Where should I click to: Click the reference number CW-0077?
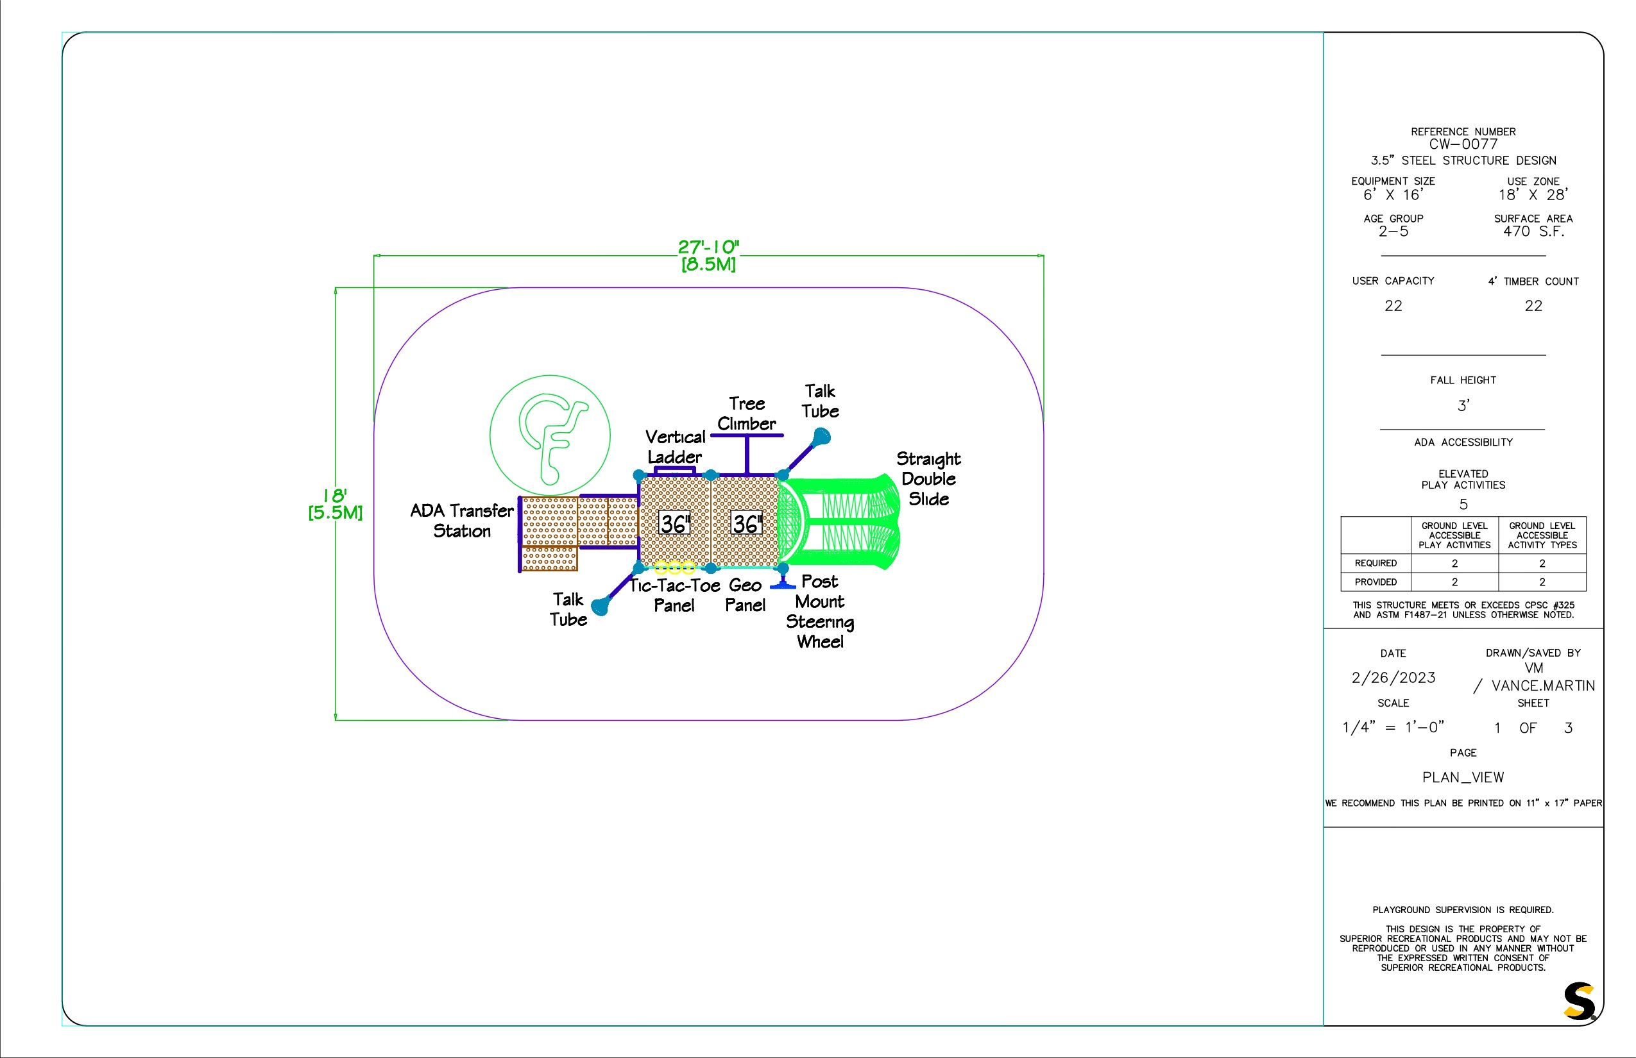click(1463, 144)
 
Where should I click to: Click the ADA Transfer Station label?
click(462, 521)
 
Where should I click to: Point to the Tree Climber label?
click(747, 414)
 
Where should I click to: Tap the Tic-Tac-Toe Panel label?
click(674, 596)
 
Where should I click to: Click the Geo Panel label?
click(745, 596)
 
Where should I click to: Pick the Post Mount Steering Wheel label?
click(820, 612)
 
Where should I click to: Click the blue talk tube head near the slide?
click(821, 437)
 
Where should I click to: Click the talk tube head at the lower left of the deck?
click(601, 607)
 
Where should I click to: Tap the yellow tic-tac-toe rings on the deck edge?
click(674, 567)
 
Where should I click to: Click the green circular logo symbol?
click(550, 435)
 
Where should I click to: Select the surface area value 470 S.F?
click(1533, 231)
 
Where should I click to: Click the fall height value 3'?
click(1463, 406)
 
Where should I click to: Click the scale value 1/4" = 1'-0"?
click(1393, 728)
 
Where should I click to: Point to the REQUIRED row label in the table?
click(1376, 564)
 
